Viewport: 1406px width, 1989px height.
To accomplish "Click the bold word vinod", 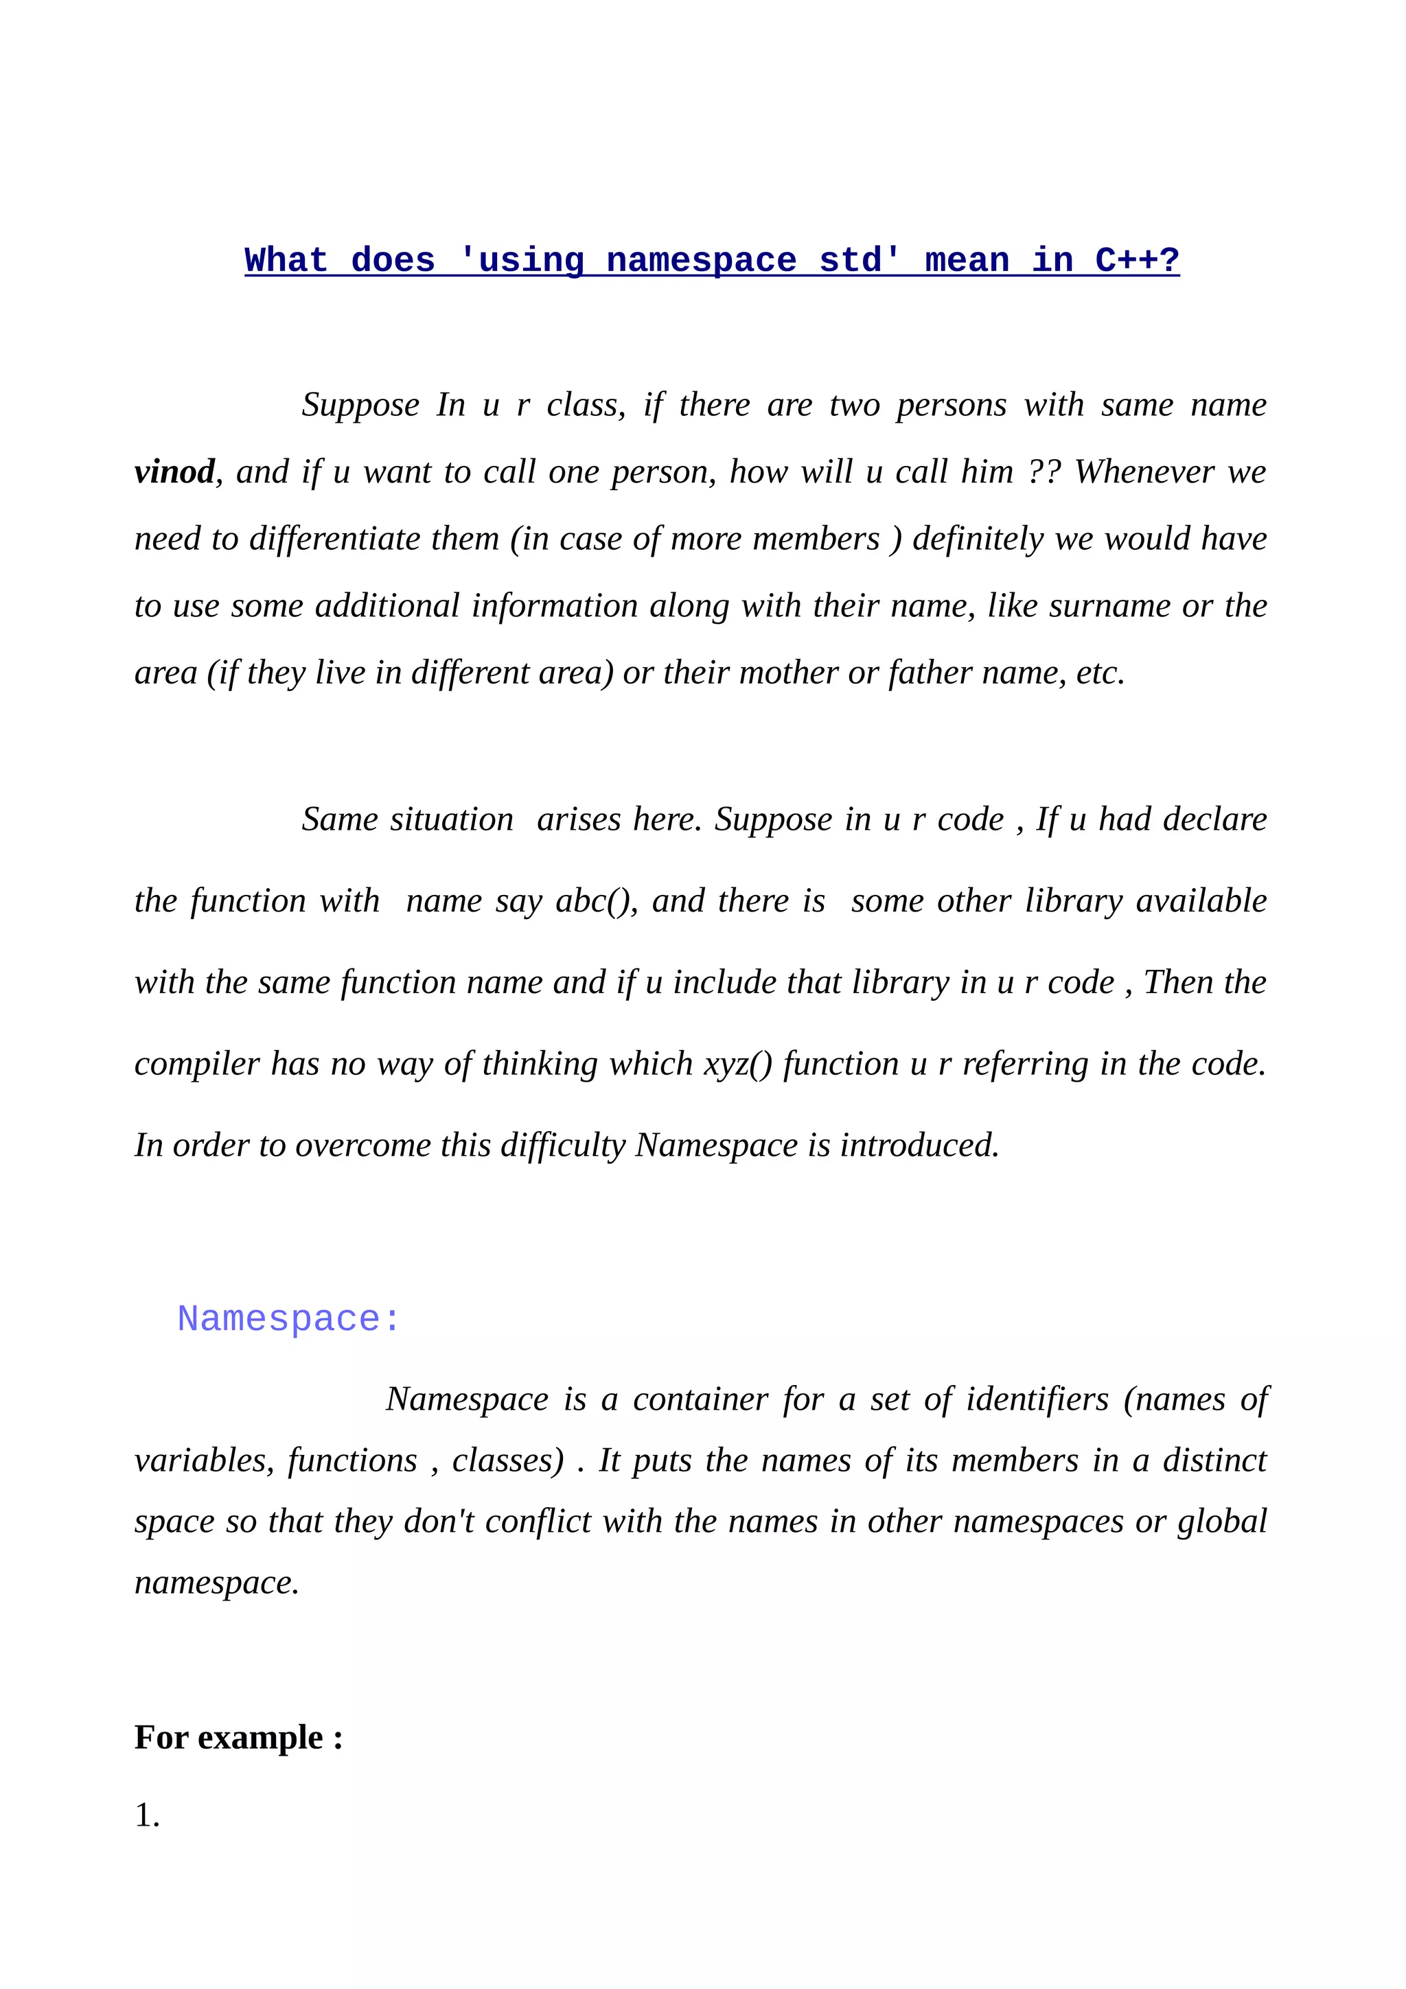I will [174, 472].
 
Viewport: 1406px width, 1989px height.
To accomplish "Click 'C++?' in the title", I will [1137, 261].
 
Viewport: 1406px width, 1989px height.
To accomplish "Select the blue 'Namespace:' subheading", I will [288, 1319].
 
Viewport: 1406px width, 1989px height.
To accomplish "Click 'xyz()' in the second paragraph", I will [737, 1064].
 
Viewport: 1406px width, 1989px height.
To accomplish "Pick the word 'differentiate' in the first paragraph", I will [334, 539].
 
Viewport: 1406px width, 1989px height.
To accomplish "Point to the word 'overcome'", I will [362, 1145].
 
